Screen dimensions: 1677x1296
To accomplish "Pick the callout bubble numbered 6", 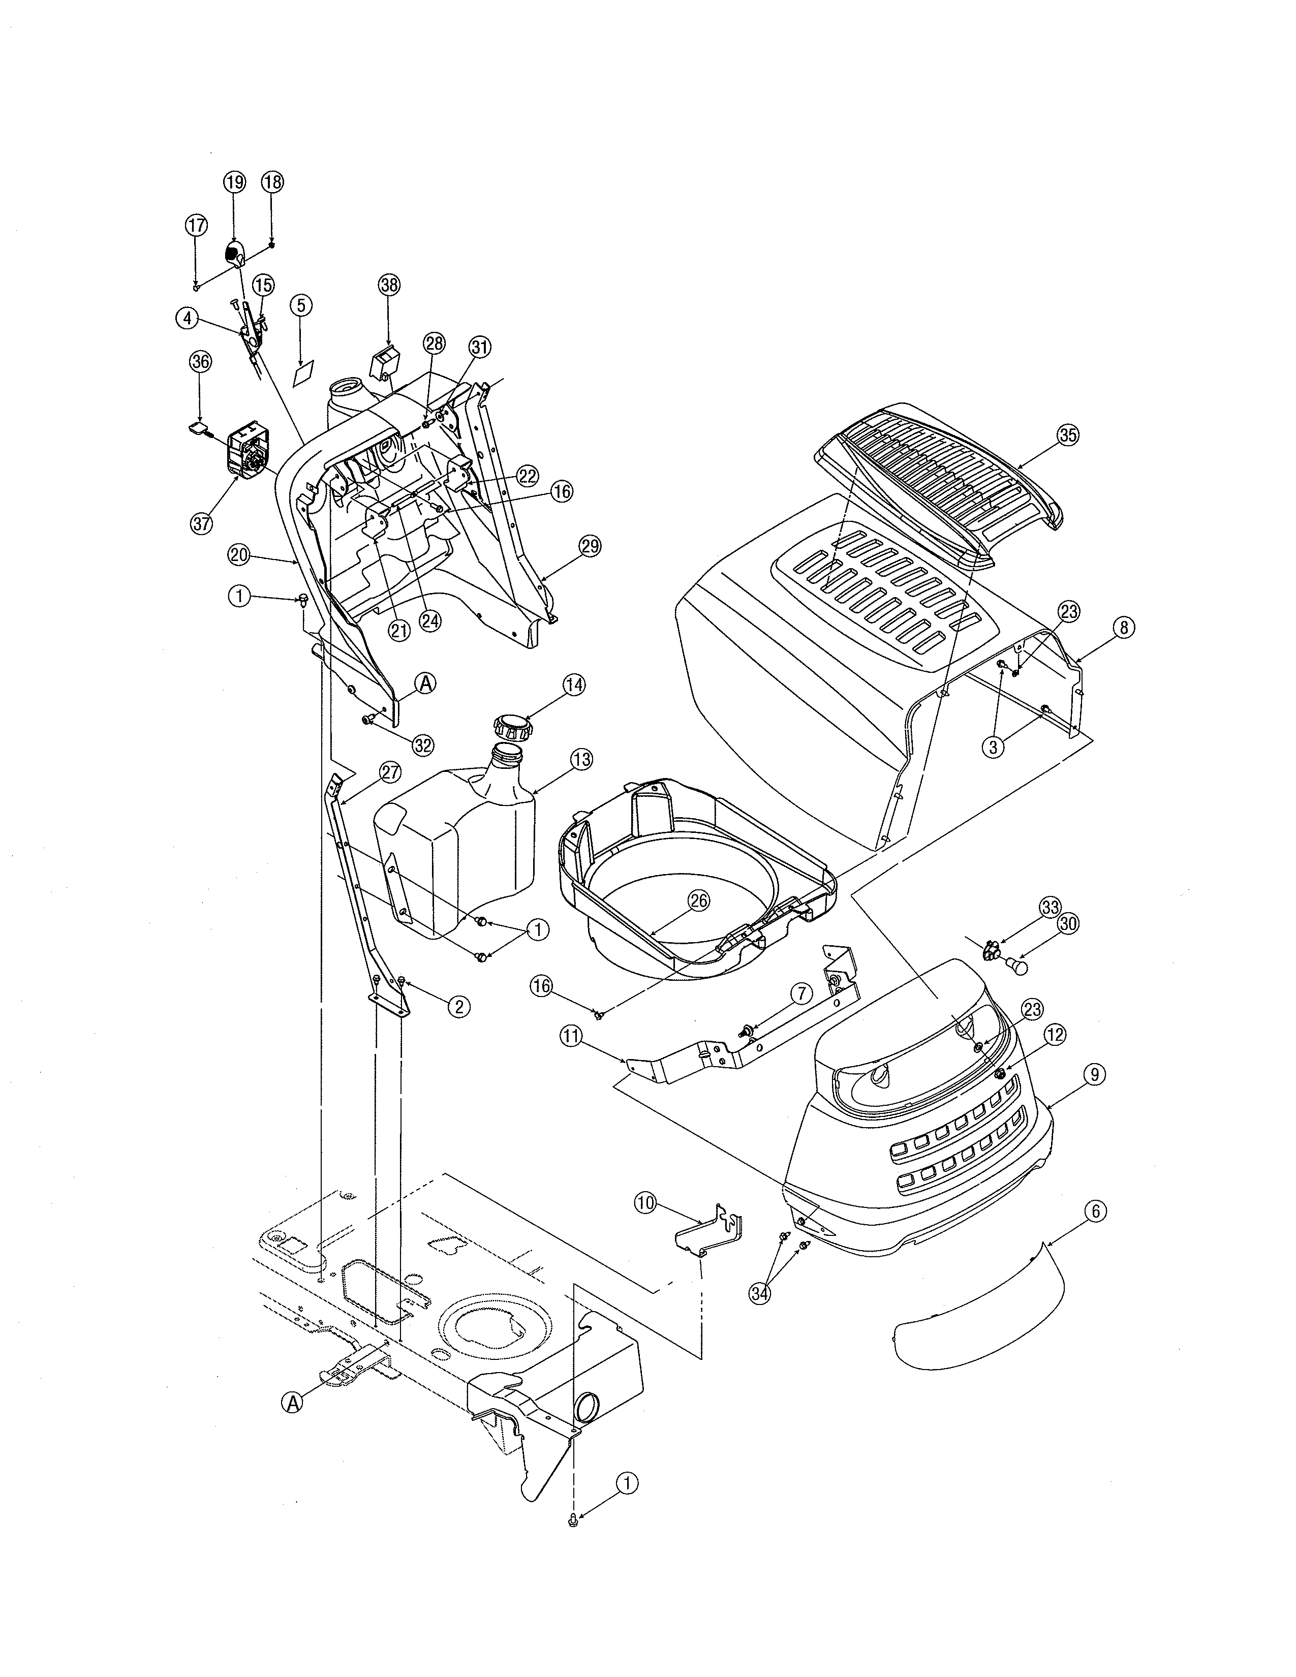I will tap(1096, 1211).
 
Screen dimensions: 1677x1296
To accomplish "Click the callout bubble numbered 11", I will tap(572, 1037).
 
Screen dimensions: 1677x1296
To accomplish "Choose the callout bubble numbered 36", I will tap(200, 363).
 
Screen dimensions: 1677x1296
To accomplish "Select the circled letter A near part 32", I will tap(425, 682).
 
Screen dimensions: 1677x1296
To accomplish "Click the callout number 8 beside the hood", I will tap(1123, 627).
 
